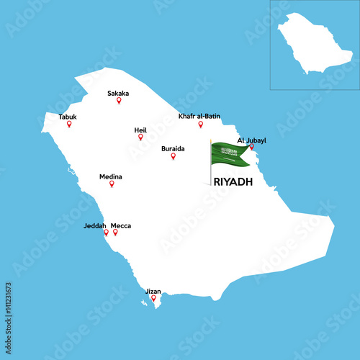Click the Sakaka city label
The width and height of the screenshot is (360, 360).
tap(119, 93)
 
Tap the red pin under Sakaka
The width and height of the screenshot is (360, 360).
tap(119, 101)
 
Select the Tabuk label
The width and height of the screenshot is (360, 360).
tap(68, 117)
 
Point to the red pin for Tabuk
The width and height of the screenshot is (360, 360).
tap(69, 124)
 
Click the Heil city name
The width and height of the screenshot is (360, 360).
tap(140, 130)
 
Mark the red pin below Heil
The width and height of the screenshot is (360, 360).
tap(140, 137)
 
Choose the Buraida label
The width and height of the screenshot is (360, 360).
tap(173, 148)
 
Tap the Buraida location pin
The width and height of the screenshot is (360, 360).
tap(173, 156)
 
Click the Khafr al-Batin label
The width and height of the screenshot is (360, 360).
tap(199, 116)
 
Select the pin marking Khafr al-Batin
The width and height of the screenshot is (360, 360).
tap(201, 124)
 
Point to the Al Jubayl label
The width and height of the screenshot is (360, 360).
tap(251, 140)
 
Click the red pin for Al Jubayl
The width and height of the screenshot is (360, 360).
tap(251, 147)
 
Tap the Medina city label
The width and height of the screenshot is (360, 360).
tap(110, 176)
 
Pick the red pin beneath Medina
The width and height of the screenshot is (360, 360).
tap(112, 184)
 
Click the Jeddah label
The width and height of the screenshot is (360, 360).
tap(94, 225)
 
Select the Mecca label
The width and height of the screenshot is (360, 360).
tap(121, 225)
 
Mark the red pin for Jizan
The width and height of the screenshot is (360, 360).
tap(153, 298)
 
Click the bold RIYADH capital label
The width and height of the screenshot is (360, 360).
tap(233, 182)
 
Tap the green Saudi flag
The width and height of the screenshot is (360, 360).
tap(230, 153)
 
